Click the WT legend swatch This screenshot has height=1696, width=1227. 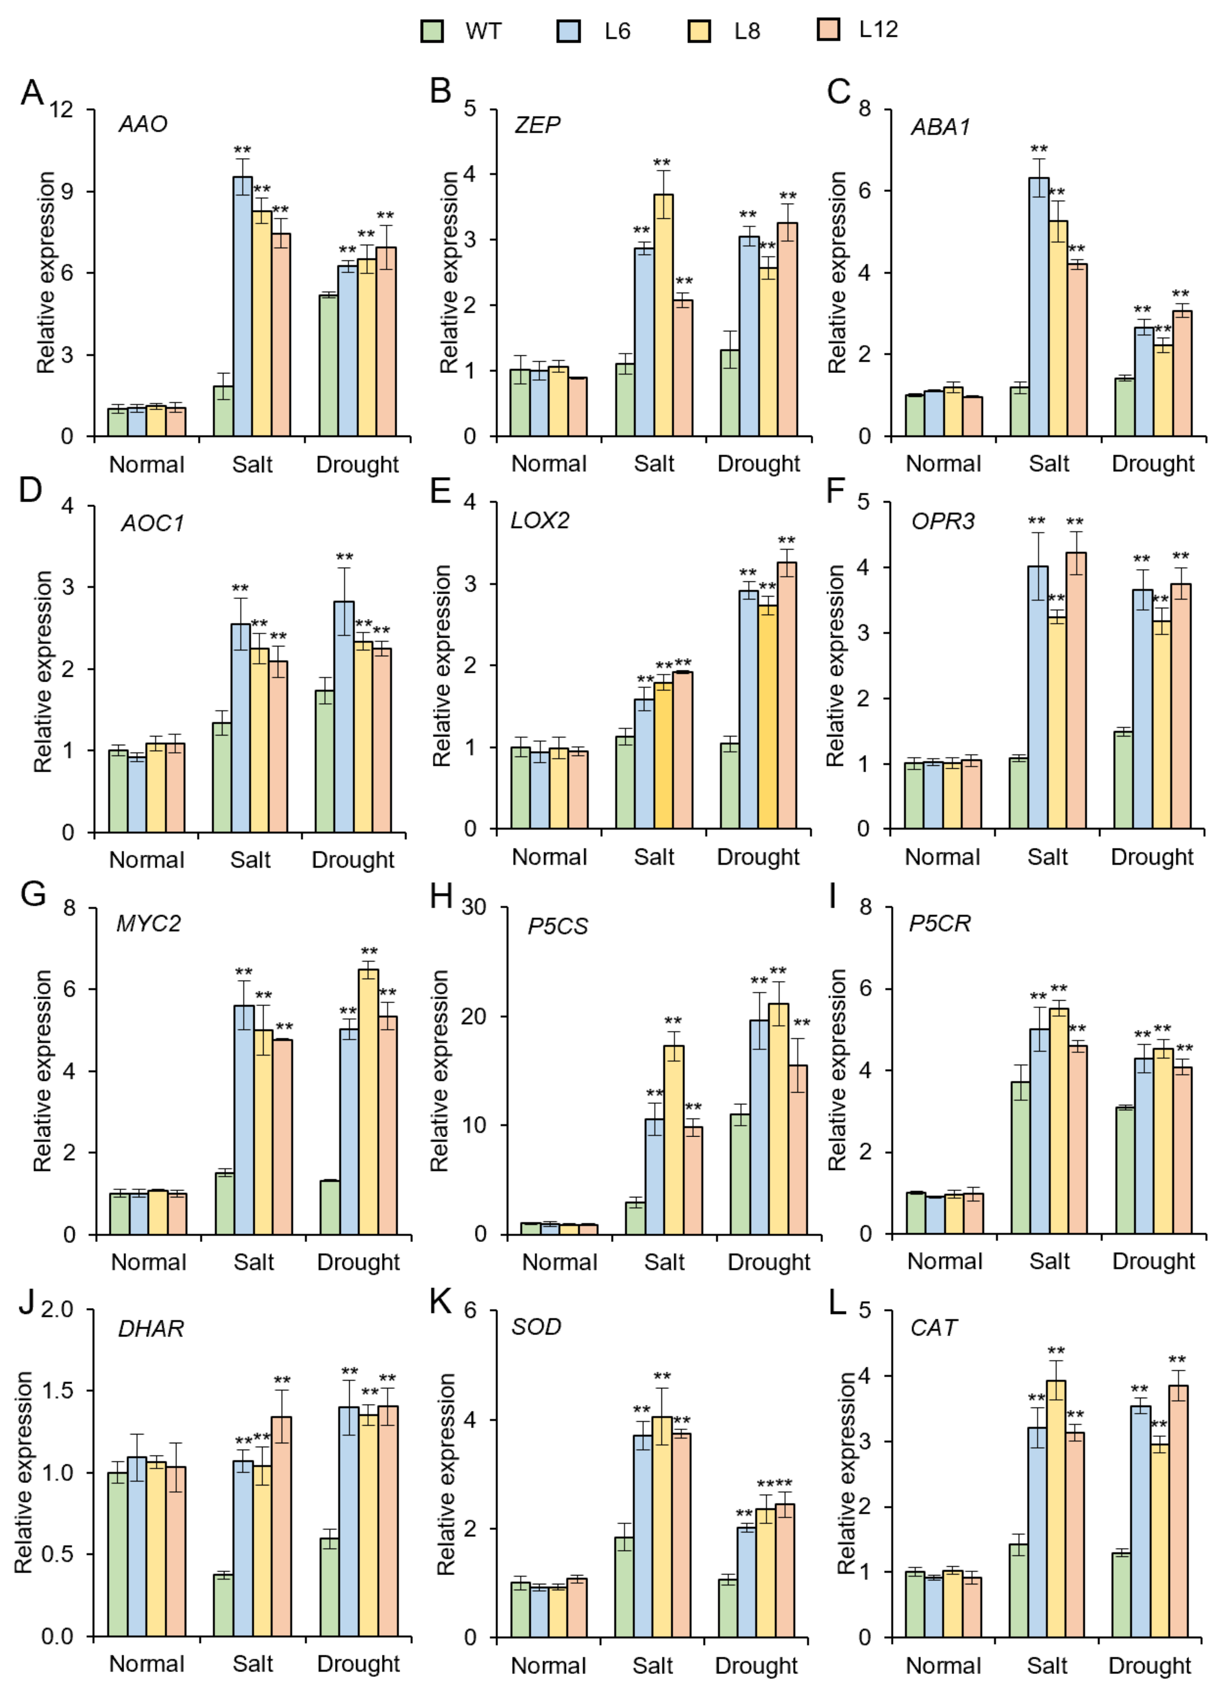pyautogui.click(x=432, y=31)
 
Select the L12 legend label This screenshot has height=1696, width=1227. pyautogui.click(x=878, y=30)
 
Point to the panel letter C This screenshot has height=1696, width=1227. pyautogui.click(x=839, y=92)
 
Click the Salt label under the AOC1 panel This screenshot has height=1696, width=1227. pyautogui.click(x=250, y=859)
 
